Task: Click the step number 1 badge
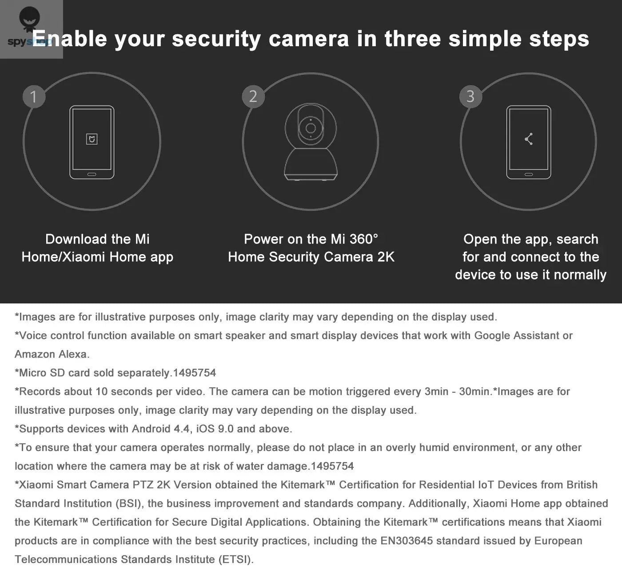tap(34, 96)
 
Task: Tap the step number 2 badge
tap(253, 96)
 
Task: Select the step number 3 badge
tap(470, 96)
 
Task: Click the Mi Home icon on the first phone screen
tap(92, 139)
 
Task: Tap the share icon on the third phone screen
tap(529, 139)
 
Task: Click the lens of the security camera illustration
tap(311, 128)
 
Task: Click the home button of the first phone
tap(92, 174)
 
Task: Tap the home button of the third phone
tap(529, 174)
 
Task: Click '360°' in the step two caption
tap(363, 239)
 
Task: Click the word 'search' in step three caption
tap(577, 239)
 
